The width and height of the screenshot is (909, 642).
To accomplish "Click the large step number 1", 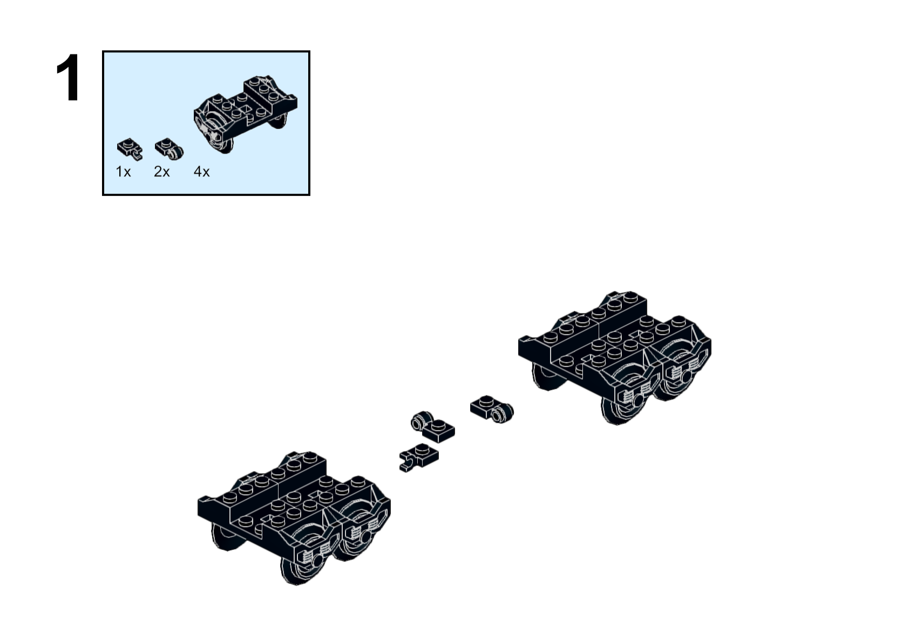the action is click(68, 77).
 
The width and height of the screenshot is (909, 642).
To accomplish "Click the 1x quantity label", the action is click(124, 172).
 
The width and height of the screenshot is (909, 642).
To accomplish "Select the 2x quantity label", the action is click(161, 172).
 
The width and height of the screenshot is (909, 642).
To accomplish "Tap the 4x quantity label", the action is click(202, 172).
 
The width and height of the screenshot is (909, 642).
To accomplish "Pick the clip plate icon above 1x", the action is click(130, 149).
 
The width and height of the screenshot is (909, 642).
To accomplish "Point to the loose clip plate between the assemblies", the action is click(419, 457).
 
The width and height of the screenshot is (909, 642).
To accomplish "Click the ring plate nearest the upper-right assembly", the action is click(492, 409).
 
